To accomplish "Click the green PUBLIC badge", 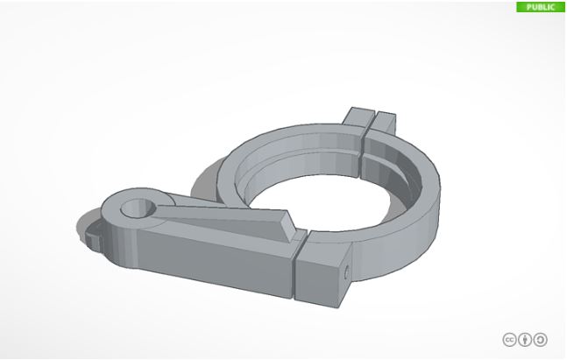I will (541, 6).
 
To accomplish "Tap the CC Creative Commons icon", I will (509, 340).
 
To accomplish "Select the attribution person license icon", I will (525, 340).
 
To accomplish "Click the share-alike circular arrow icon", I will (541, 340).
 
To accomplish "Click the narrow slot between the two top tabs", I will (372, 118).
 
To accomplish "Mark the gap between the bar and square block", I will (295, 271).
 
